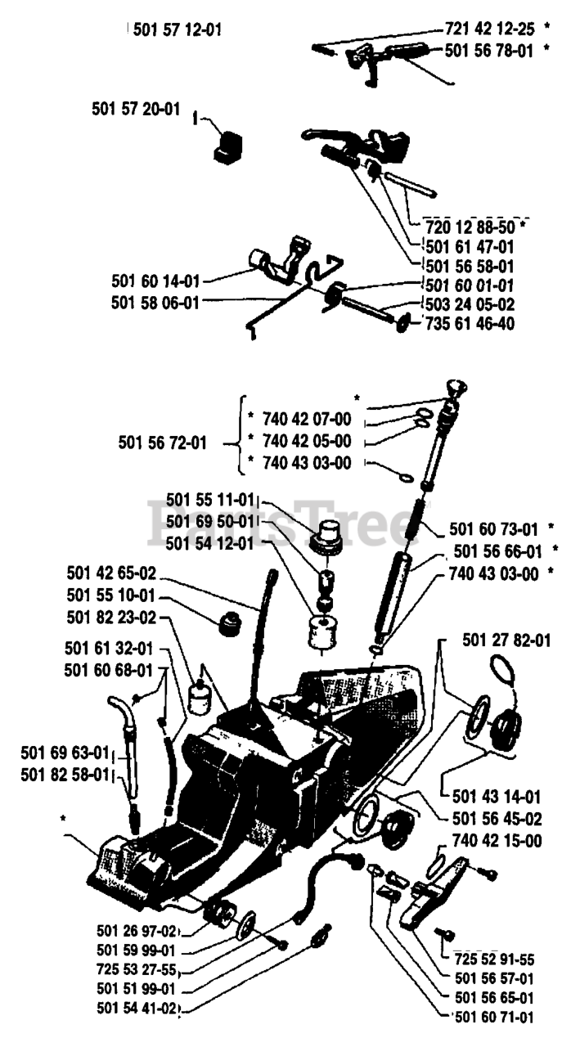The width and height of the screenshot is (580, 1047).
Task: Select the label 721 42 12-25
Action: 489,29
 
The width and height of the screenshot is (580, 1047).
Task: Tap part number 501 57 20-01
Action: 137,111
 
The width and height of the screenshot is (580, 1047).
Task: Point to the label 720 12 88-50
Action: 474,226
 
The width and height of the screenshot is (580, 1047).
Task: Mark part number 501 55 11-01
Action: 210,500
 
